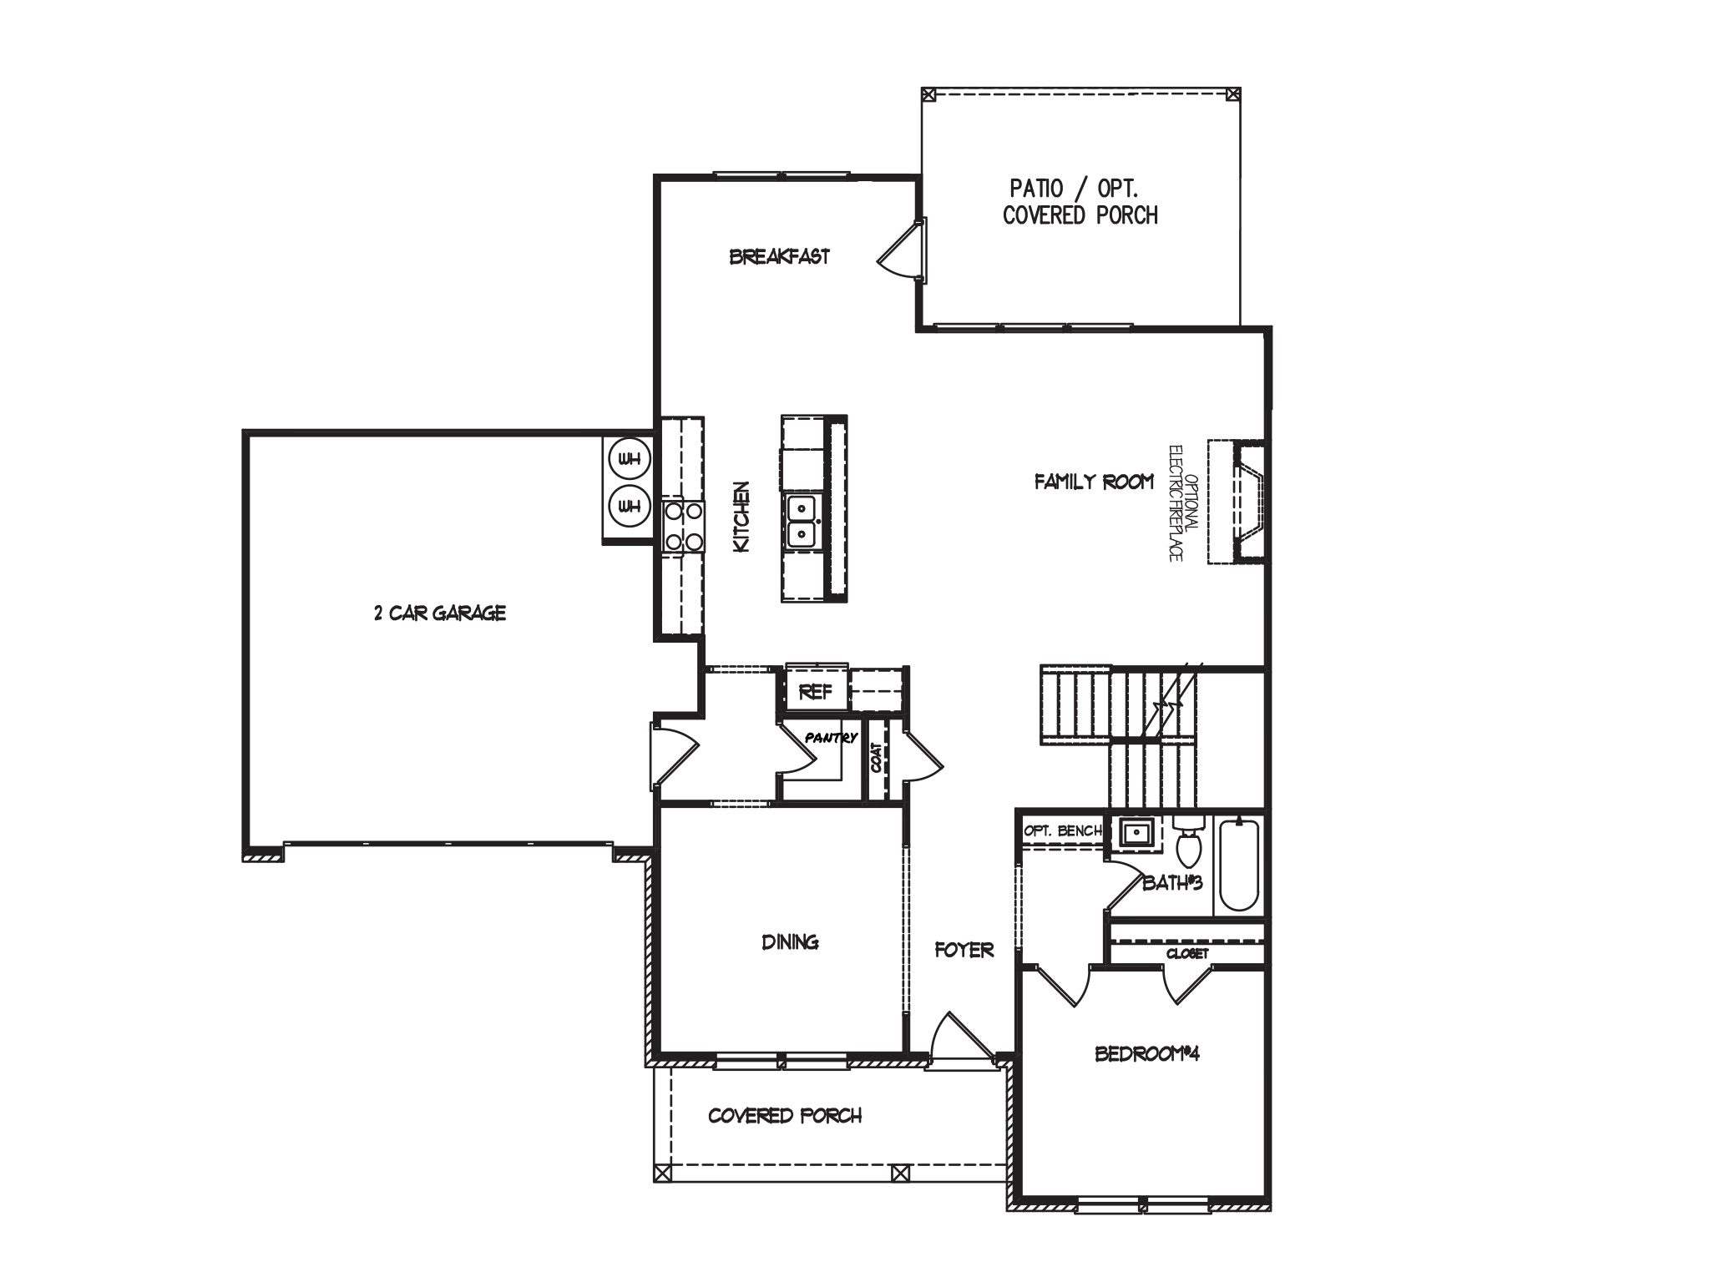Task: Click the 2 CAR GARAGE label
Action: pos(440,613)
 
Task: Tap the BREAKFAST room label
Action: pos(780,256)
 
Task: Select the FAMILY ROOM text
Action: pos(1094,482)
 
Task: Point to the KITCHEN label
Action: pos(741,516)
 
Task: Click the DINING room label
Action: pos(790,942)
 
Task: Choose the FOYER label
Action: pos(964,950)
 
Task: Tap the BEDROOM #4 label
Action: pos(1147,1054)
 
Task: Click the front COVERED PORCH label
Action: pos(785,1116)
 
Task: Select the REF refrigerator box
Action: pos(817,691)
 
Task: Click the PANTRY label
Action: pos(831,738)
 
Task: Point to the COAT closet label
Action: pos(877,758)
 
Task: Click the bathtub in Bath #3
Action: pos(1239,866)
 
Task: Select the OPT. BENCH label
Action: pos(1063,831)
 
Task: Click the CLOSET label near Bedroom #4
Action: pos(1187,953)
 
